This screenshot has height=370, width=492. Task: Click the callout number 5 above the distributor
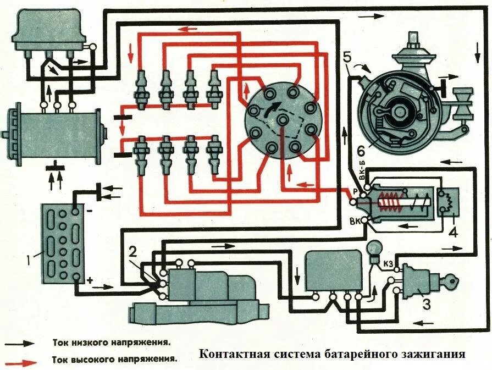click(346, 56)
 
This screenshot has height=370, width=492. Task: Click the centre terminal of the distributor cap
click(283, 119)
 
